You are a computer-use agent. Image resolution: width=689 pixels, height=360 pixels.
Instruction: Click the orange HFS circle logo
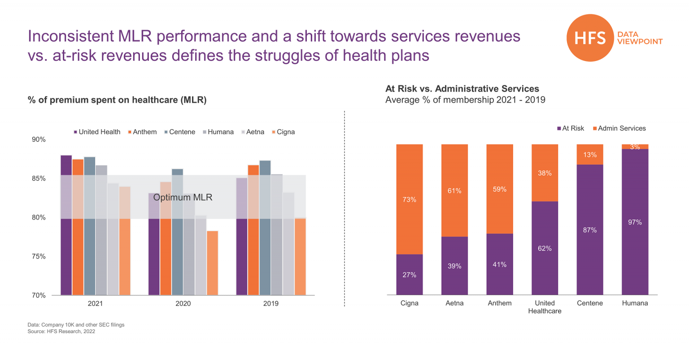[x=589, y=38]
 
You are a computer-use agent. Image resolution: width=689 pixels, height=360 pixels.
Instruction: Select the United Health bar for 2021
[x=66, y=224]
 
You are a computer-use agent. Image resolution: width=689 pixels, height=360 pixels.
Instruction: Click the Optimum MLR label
[x=183, y=198]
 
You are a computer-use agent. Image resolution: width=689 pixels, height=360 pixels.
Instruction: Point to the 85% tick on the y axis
[x=39, y=179]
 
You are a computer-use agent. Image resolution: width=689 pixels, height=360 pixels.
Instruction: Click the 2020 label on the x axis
[x=183, y=303]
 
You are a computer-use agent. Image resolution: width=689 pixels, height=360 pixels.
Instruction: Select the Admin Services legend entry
[x=619, y=128]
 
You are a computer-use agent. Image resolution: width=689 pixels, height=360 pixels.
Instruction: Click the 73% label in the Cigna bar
[x=409, y=200]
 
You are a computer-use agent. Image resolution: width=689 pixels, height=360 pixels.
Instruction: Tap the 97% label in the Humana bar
[x=635, y=222]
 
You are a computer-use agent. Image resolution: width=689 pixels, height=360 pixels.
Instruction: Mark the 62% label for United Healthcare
[x=545, y=248]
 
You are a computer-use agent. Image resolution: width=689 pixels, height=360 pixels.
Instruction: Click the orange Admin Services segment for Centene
[x=590, y=154]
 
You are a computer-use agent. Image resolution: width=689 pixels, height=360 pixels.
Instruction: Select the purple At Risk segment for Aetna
[x=454, y=266]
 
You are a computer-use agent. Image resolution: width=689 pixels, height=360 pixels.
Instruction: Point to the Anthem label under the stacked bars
[x=499, y=303]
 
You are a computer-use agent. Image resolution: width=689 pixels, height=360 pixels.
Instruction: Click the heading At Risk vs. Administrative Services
[x=462, y=89]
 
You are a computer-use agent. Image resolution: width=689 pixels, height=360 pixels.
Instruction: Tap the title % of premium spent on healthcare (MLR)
[x=117, y=100]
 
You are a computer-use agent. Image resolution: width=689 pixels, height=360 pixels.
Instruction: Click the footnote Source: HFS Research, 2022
[x=61, y=332]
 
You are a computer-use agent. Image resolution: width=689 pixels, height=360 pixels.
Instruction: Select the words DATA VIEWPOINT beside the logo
[x=640, y=38]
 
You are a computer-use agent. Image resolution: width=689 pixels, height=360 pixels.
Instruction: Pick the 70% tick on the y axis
[x=39, y=295]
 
